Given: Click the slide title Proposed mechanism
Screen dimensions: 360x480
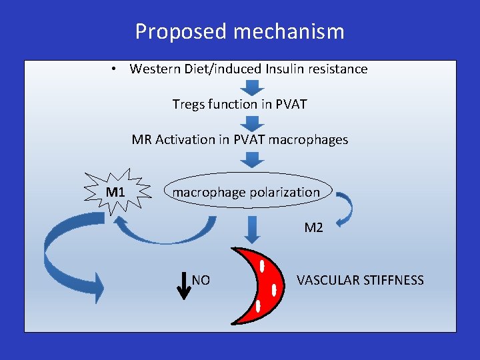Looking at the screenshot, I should click(240, 31).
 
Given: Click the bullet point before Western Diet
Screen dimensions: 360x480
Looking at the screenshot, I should click(115, 69).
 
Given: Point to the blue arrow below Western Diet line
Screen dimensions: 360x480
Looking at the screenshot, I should click(251, 87).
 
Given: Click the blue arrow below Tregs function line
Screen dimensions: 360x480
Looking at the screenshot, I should click(251, 123).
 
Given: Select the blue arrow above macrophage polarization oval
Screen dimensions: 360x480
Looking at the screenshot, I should click(251, 159).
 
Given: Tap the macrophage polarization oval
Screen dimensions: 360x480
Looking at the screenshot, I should click(247, 193).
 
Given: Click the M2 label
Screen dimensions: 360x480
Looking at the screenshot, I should click(313, 228).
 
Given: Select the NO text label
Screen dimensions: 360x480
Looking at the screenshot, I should click(201, 281).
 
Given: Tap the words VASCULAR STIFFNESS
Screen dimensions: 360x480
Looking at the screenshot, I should click(360, 281).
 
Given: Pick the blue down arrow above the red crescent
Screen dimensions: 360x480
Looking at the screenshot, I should click(251, 228).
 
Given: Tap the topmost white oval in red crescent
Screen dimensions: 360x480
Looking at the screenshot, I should click(263, 265).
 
